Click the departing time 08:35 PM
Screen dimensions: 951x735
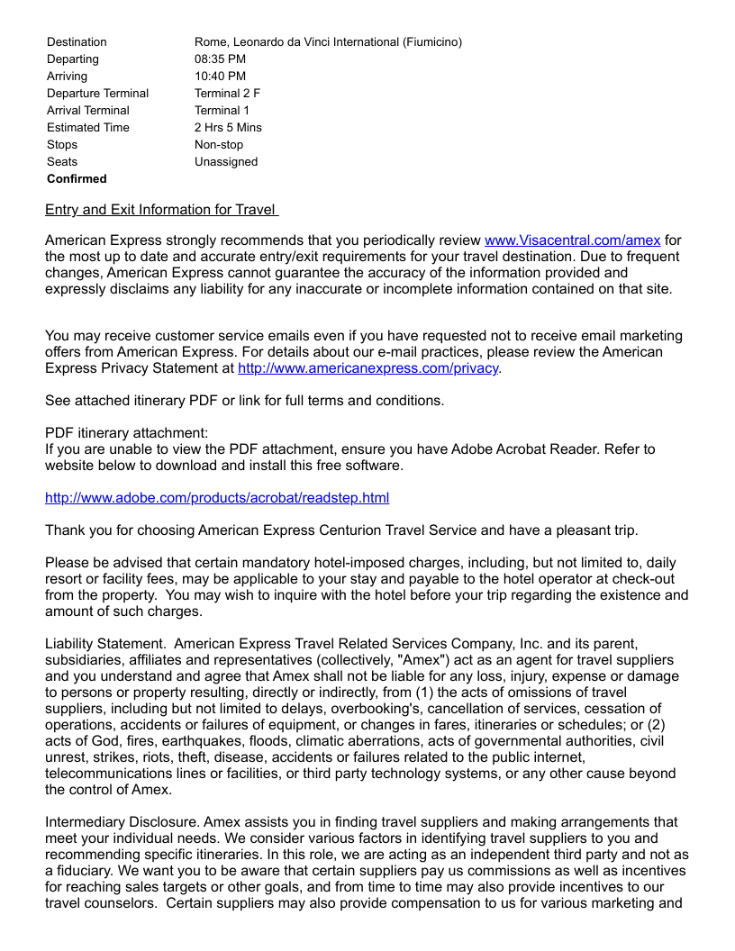(x=220, y=59)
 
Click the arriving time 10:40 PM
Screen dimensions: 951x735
(x=220, y=77)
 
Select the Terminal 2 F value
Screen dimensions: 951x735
(x=227, y=94)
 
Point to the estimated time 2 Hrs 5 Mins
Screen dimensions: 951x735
(x=228, y=128)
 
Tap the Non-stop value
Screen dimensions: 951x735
(x=219, y=145)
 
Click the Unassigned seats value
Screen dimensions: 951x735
(x=226, y=162)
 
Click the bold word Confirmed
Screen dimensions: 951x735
(x=77, y=179)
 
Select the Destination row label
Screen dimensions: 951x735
(x=77, y=42)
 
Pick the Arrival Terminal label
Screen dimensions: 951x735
(x=88, y=111)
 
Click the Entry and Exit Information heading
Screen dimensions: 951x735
(x=161, y=210)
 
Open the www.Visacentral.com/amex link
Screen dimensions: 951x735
(x=572, y=240)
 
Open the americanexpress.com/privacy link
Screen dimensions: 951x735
(x=367, y=368)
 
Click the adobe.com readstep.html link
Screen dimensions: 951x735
(x=217, y=498)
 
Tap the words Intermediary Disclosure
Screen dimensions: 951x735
(x=122, y=822)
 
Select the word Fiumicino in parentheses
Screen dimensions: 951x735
(x=432, y=42)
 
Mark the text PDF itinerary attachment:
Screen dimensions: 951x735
(x=126, y=433)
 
